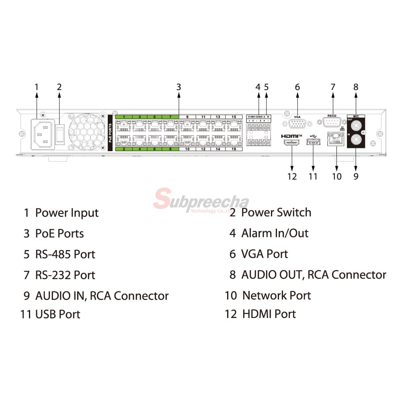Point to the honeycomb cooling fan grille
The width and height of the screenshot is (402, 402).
[87, 132]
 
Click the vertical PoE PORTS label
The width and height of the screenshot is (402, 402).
[111, 133]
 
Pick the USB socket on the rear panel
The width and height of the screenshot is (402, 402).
[313, 143]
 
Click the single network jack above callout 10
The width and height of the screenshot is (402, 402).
[335, 139]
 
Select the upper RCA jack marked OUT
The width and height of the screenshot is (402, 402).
[356, 124]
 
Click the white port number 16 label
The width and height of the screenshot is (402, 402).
[234, 149]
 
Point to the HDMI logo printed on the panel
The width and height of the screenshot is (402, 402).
[291, 136]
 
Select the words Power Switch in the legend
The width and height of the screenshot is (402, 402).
[276, 212]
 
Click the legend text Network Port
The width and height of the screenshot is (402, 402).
[276, 295]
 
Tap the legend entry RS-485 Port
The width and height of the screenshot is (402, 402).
[65, 254]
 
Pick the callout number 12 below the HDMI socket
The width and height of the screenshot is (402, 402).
[292, 176]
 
